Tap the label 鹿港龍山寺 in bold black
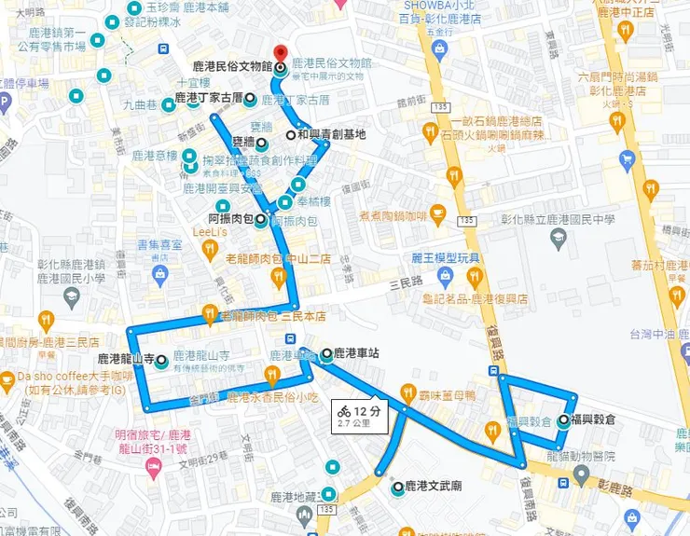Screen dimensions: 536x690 (126, 359)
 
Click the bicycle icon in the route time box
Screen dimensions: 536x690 (343, 411)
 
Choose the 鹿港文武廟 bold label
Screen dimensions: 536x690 (435, 487)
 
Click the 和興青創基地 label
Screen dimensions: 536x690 (331, 134)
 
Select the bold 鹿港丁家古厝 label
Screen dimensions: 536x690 (208, 96)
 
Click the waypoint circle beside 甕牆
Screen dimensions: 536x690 (262, 144)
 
